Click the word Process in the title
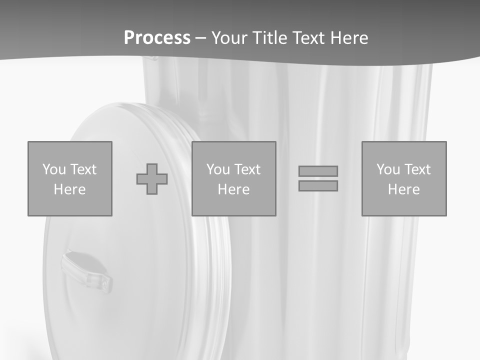coord(157,38)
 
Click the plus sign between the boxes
coord(152,179)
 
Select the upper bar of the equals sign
coord(318,171)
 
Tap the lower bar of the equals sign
coord(318,186)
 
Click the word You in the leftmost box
coord(54,169)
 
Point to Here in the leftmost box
coord(69,189)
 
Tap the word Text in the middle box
coord(247,169)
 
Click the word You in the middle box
coord(218,169)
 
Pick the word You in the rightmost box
coord(388,169)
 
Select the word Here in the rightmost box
coord(403,189)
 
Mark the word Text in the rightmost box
coord(417,169)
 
